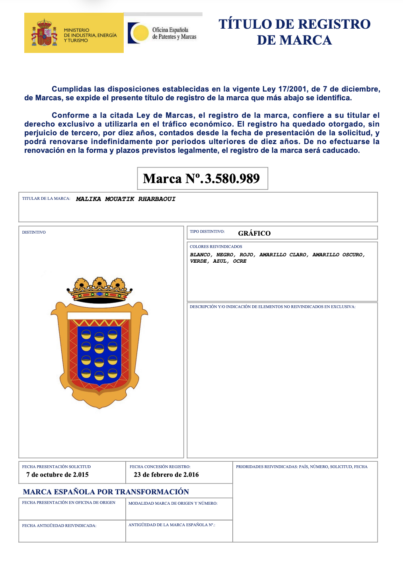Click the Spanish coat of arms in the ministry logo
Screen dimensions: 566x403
click(45, 33)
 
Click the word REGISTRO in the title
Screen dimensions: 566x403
click(334, 24)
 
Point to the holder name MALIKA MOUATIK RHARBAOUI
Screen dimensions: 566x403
click(126, 199)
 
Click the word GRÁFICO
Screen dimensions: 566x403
click(254, 233)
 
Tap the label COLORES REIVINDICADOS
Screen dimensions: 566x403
click(216, 247)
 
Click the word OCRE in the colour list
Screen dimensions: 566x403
click(239, 261)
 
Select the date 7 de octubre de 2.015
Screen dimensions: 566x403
click(57, 474)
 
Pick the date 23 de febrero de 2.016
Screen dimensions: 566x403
click(166, 474)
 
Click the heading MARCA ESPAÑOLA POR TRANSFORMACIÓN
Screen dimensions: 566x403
click(106, 492)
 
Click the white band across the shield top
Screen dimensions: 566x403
click(99, 316)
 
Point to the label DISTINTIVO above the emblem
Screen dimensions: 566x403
click(34, 232)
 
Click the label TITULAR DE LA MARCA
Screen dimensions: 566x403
click(46, 198)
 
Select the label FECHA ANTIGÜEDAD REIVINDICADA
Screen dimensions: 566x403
click(59, 525)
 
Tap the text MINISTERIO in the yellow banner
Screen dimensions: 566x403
click(76, 30)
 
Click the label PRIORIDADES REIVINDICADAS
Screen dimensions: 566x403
click(267, 466)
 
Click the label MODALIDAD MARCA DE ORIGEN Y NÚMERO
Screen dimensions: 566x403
click(173, 503)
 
